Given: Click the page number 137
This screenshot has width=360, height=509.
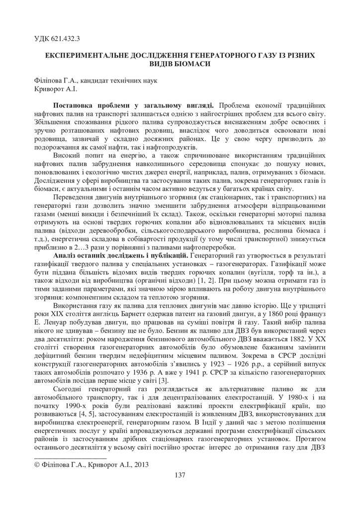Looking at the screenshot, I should [x=180, y=475].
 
